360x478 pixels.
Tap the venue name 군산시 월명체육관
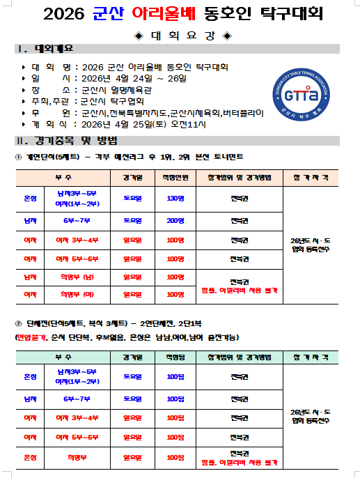click(x=112, y=90)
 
